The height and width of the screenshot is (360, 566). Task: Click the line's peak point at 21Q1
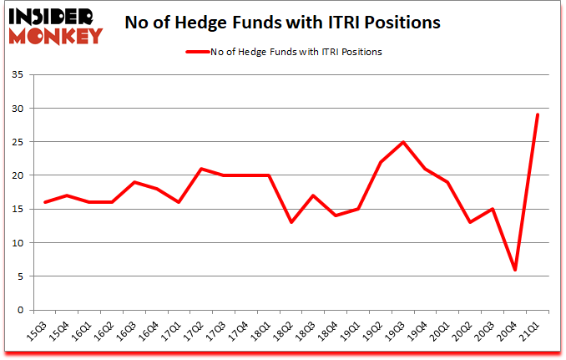[538, 114]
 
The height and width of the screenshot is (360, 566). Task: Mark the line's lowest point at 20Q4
[515, 270]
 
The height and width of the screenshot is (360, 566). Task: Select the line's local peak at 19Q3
[403, 142]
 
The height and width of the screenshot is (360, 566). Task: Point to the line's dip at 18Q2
[291, 222]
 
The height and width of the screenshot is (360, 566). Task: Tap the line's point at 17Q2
[201, 169]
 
